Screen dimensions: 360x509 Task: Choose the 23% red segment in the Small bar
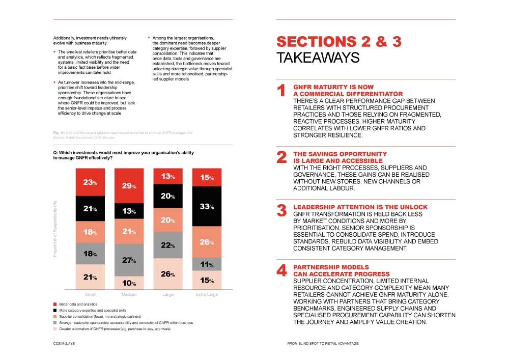(x=91, y=182)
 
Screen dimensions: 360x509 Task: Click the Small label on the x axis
(x=90, y=295)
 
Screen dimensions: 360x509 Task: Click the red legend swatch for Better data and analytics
(x=55, y=304)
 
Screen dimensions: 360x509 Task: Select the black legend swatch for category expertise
(x=55, y=310)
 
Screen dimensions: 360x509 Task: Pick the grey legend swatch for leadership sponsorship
(x=55, y=323)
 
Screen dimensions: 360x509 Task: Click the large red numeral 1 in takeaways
(x=281, y=91)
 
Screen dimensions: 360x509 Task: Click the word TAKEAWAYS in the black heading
(x=318, y=58)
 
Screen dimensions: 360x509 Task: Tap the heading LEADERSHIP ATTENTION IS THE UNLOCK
(x=360, y=207)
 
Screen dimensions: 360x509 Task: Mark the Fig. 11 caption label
(x=59, y=133)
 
